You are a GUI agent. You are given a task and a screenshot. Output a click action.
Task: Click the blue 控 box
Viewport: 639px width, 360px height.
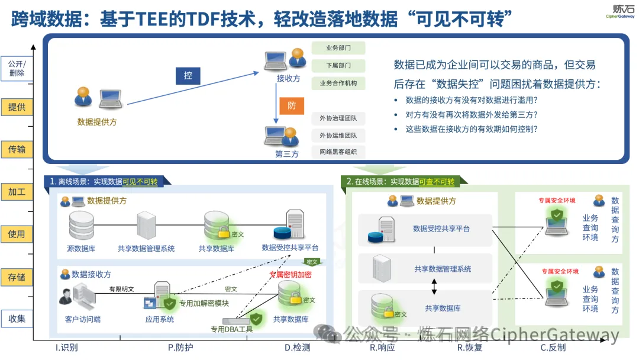188,75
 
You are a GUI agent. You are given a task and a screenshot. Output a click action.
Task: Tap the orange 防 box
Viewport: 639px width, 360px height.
292,105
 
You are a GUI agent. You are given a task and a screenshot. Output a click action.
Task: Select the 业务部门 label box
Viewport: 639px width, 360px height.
338,48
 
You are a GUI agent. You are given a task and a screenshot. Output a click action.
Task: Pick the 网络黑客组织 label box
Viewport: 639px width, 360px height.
338,152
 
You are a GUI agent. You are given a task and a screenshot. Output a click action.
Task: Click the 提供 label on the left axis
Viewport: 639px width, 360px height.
17,107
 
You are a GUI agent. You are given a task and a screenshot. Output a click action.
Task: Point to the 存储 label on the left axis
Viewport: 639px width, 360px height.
17,277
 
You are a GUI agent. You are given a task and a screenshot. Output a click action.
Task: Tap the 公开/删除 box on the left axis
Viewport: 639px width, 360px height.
17,69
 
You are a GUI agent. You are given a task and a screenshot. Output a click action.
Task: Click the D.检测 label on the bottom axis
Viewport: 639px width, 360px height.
297,348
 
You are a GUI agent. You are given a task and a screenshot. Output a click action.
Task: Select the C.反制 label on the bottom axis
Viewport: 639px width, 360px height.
553,348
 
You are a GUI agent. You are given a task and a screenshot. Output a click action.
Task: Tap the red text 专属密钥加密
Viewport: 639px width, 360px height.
290,275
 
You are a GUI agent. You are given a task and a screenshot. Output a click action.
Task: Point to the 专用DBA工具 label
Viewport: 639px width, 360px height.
232,329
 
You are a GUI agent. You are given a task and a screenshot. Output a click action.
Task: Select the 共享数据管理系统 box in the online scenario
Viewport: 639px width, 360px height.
443,269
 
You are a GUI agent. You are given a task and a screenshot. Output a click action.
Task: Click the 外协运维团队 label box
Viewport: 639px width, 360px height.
338,136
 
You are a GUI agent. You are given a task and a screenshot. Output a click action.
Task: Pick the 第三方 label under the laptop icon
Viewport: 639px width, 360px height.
287,154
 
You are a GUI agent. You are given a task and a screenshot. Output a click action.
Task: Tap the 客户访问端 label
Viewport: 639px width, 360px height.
82,319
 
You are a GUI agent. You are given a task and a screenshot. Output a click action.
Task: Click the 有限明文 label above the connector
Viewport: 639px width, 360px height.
121,290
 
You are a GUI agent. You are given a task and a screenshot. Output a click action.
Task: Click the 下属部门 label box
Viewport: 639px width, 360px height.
338,66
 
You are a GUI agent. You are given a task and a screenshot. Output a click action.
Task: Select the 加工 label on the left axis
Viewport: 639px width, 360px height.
17,192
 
